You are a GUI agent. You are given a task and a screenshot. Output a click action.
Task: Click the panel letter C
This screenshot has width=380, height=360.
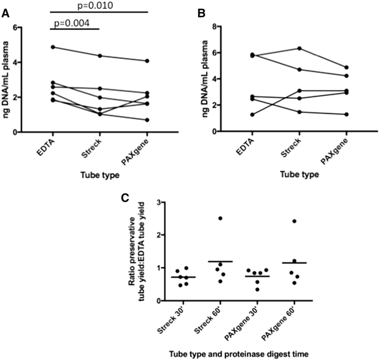click(x=125, y=197)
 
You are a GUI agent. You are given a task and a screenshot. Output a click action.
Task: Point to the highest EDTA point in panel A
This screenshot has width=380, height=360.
click(x=53, y=47)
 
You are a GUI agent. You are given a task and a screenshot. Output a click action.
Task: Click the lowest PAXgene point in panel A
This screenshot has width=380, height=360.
click(x=147, y=120)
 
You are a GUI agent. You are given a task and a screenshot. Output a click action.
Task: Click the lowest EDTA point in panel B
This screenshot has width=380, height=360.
click(x=252, y=115)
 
